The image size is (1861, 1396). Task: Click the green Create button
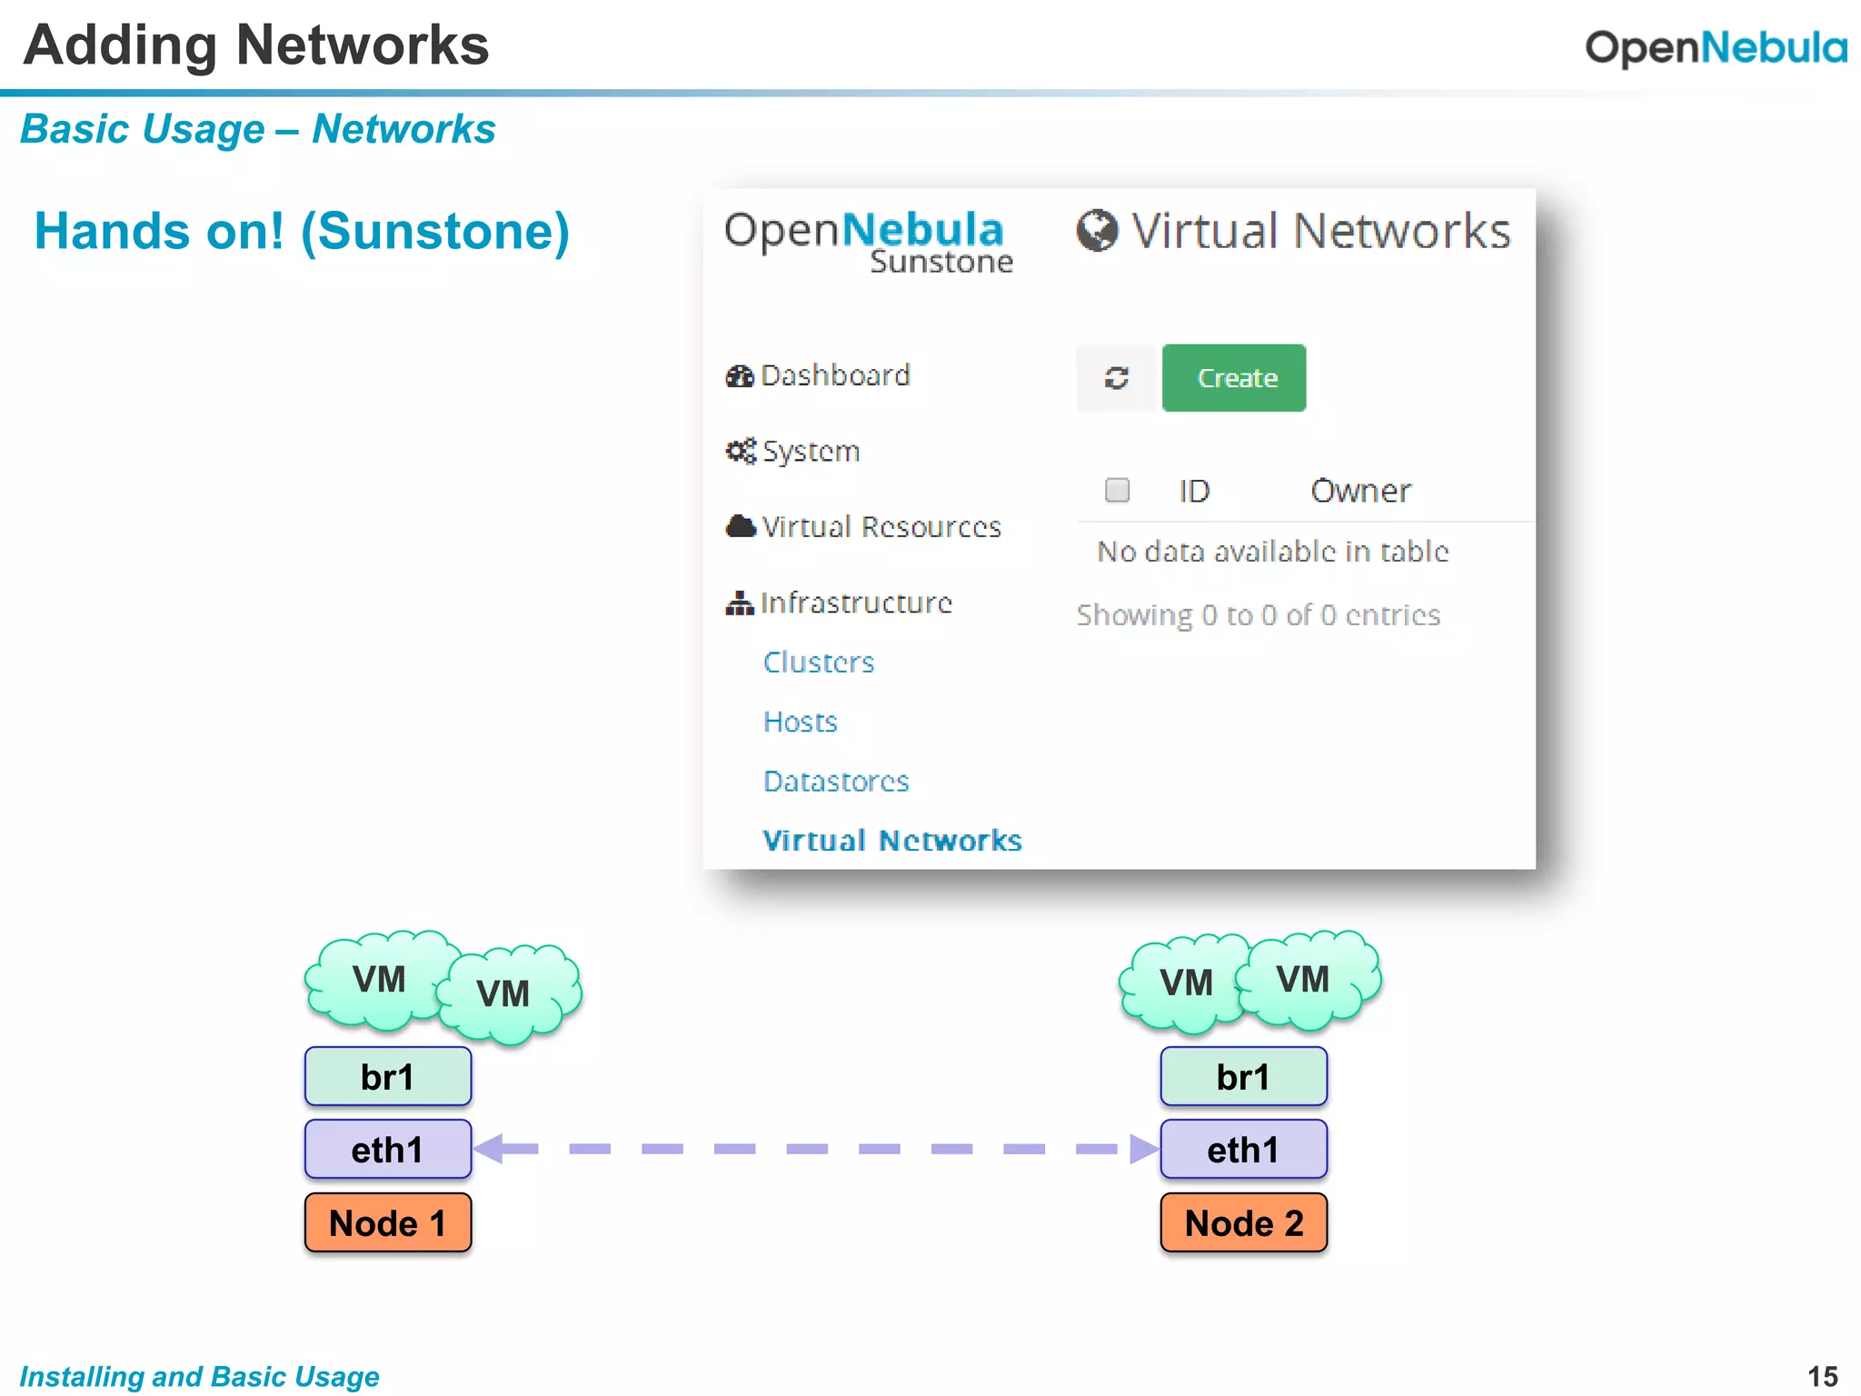click(x=1233, y=378)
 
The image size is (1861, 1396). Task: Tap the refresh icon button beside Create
click(x=1116, y=378)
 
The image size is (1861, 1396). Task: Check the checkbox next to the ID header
click(x=1117, y=491)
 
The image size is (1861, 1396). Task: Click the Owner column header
click(x=1359, y=492)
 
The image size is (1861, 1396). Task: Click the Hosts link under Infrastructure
click(x=800, y=722)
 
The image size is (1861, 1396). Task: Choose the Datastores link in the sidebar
click(x=836, y=782)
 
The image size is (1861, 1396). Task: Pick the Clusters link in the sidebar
click(x=819, y=663)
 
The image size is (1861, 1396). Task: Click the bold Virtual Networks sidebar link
click(x=891, y=841)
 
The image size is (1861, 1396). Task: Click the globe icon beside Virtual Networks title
click(x=1097, y=231)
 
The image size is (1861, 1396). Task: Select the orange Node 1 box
click(x=388, y=1223)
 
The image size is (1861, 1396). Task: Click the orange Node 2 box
click(x=1243, y=1223)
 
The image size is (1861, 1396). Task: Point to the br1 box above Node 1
click(x=388, y=1077)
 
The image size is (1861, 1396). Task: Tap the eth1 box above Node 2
click(x=1243, y=1150)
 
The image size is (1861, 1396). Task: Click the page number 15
click(x=1822, y=1376)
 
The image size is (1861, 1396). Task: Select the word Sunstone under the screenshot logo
click(x=941, y=263)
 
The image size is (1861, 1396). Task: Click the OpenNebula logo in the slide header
click(x=1716, y=47)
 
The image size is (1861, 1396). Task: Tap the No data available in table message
click(x=1272, y=552)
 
